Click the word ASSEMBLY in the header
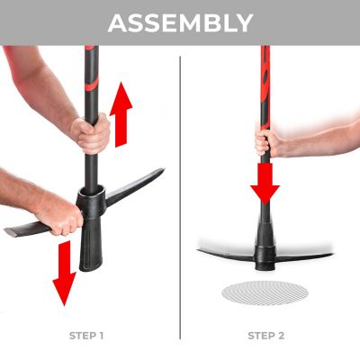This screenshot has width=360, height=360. coord(180,22)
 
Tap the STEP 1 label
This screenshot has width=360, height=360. coord(86,336)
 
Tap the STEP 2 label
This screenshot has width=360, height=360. coord(265,336)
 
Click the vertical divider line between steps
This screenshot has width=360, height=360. coord(180,198)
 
